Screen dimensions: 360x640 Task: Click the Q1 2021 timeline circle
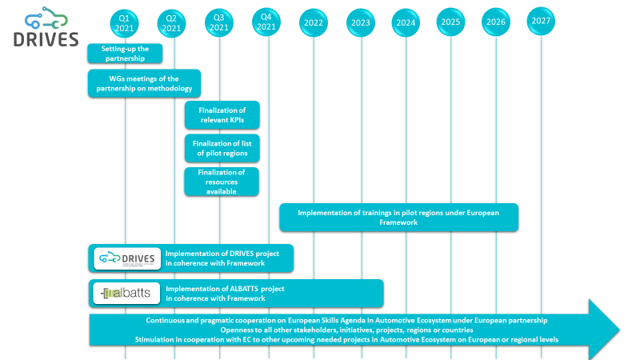tap(125, 23)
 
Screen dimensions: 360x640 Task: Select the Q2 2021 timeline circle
tap(170, 23)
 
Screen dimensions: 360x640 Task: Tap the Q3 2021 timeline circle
tap(215, 23)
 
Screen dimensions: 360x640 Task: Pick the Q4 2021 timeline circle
tap(266, 22)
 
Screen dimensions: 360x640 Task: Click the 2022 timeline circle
tap(314, 22)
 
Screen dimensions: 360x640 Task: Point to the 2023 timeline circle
tap(361, 22)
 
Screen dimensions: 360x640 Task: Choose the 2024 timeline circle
tap(406, 22)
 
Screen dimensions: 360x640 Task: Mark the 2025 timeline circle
tap(451, 22)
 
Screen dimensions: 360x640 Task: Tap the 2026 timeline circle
tap(496, 22)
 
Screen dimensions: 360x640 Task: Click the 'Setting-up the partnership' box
tap(125, 54)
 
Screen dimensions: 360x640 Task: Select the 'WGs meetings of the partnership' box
tap(144, 83)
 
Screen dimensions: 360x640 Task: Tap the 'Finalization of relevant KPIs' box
tap(222, 115)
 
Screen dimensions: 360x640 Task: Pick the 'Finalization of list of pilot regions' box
tap(222, 148)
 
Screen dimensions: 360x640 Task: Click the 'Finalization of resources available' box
tap(222, 182)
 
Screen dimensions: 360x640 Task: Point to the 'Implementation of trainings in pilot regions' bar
tap(398, 218)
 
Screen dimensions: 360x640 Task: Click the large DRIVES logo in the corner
tap(46, 29)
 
